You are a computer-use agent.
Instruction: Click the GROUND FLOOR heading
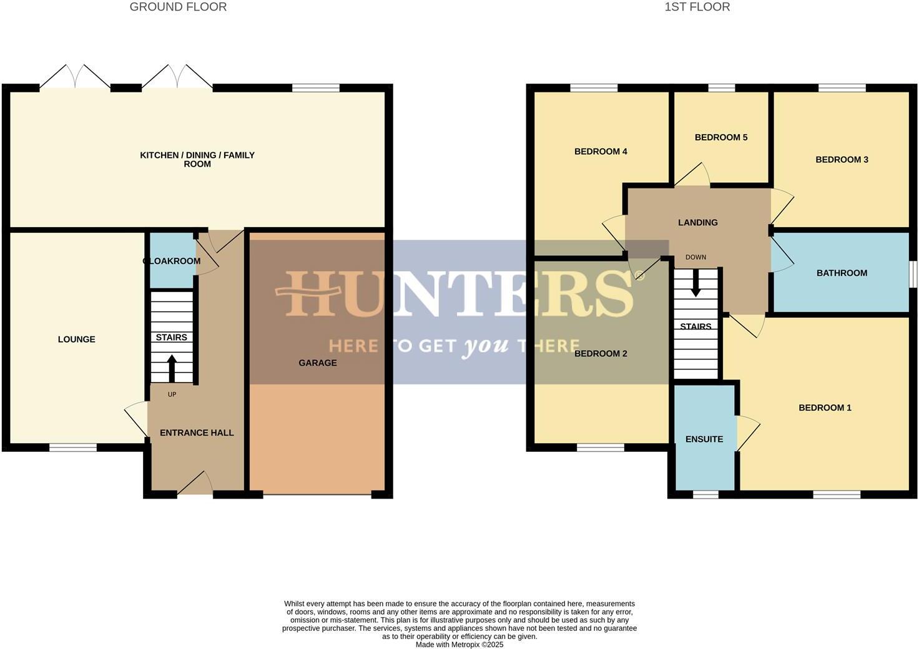coord(178,7)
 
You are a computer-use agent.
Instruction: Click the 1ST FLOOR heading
coord(697,7)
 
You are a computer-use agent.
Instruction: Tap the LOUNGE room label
coord(77,339)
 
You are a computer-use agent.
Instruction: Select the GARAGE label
coord(317,363)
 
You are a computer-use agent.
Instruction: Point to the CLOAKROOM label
coord(172,261)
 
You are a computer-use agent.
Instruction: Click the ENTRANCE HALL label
coord(197,432)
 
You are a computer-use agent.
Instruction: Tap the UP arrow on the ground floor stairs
coord(172,368)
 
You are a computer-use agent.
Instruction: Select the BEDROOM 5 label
coord(720,137)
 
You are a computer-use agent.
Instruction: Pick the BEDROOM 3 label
coord(842,160)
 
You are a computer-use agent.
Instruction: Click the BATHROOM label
coord(842,273)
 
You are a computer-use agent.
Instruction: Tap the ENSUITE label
coord(704,439)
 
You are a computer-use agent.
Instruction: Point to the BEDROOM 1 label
coord(825,407)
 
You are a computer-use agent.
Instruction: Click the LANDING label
coord(697,222)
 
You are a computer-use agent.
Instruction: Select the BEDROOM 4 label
coord(601,152)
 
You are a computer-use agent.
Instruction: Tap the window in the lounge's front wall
coord(73,447)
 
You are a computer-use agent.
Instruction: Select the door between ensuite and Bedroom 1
coord(746,432)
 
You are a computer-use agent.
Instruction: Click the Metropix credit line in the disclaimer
coord(459,645)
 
